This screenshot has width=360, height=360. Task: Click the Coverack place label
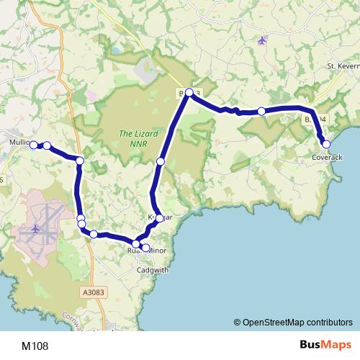pos(326,157)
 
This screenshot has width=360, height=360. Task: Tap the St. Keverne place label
pos(343,66)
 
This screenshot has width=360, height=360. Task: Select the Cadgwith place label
pos(151,270)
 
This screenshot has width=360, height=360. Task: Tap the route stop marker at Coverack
pos(326,144)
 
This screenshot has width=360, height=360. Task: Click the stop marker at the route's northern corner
pos(189,92)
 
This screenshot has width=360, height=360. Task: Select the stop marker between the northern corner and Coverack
pos(261,111)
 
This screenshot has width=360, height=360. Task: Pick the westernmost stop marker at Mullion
pos(33,145)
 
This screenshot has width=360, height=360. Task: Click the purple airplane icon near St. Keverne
pos(261,40)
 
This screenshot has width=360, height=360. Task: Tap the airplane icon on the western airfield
pos(34,229)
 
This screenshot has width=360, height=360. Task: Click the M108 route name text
pos(35,346)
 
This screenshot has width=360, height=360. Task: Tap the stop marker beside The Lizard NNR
pos(161,161)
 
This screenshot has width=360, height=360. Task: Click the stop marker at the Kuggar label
pos(158,217)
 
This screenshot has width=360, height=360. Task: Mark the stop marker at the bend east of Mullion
pos(80,160)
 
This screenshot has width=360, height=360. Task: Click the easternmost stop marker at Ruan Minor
pos(145,248)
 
